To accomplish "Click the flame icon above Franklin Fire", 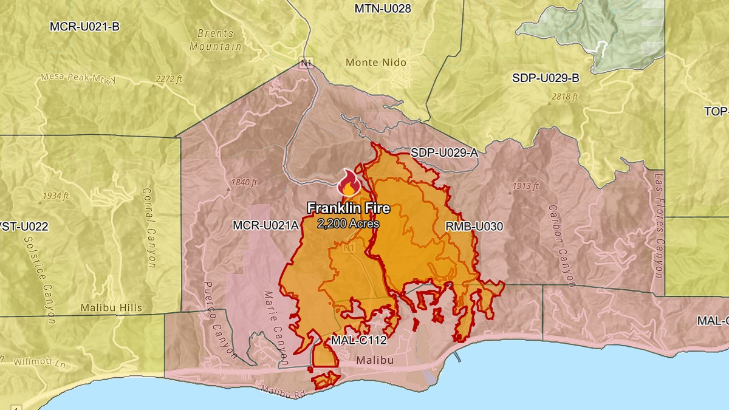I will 349,183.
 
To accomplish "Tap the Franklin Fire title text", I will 348,208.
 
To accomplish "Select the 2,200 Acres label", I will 348,224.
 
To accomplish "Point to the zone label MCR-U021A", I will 265,225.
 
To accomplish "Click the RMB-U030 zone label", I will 474,227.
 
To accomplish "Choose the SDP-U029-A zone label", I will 444,153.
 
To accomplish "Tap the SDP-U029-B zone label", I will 546,78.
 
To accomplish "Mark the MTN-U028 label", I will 382,9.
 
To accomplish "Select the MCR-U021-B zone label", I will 85,27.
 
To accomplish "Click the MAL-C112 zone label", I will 358,340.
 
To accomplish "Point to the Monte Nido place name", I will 375,63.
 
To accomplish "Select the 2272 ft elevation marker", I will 169,79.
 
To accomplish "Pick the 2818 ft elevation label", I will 565,97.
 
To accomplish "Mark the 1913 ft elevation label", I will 525,186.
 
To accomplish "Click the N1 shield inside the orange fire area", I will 349,248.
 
